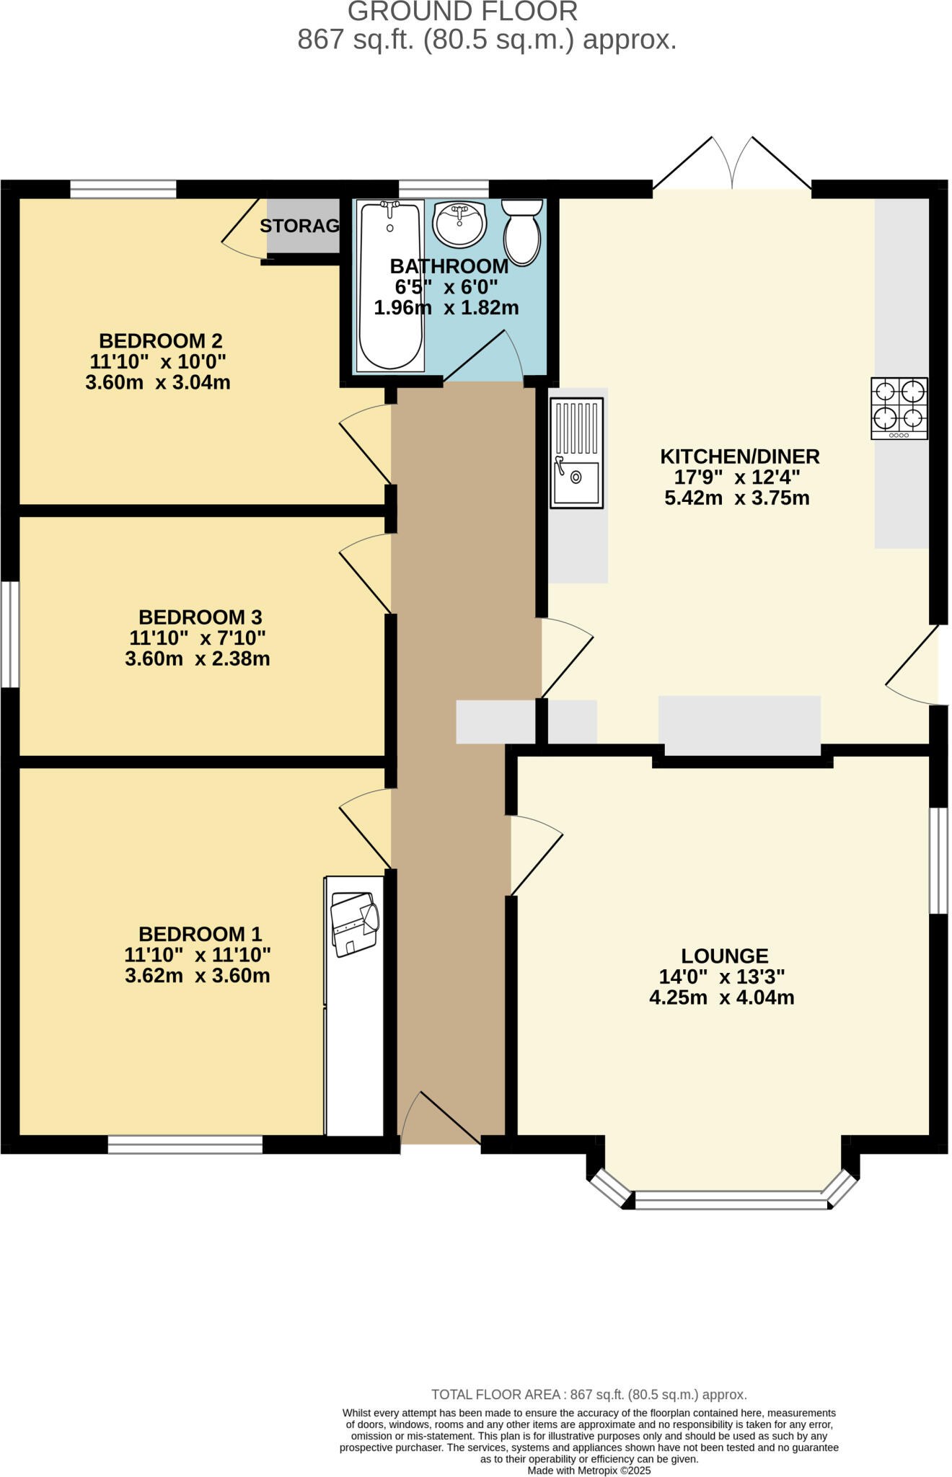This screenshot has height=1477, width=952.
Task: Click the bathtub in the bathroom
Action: click(390, 286)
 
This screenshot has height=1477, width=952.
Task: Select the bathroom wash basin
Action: click(459, 223)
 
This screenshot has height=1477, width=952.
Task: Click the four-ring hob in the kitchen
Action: click(899, 408)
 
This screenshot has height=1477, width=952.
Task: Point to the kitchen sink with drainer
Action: click(576, 453)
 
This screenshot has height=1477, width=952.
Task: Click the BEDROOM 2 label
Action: click(160, 340)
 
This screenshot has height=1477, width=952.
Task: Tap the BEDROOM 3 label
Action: click(200, 617)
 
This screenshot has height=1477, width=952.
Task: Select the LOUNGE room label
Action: click(724, 956)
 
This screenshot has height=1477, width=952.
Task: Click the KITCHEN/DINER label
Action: click(740, 457)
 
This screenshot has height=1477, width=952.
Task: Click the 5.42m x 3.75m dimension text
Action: click(736, 498)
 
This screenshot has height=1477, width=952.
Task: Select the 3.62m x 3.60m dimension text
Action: click(197, 976)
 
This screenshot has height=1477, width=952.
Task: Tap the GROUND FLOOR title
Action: click(462, 12)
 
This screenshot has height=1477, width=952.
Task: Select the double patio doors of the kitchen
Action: click(732, 164)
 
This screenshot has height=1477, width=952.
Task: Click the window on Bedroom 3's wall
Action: click(10, 634)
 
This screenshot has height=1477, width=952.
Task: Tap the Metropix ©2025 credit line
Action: click(589, 1470)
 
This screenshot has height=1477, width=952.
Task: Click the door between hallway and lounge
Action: click(535, 855)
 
